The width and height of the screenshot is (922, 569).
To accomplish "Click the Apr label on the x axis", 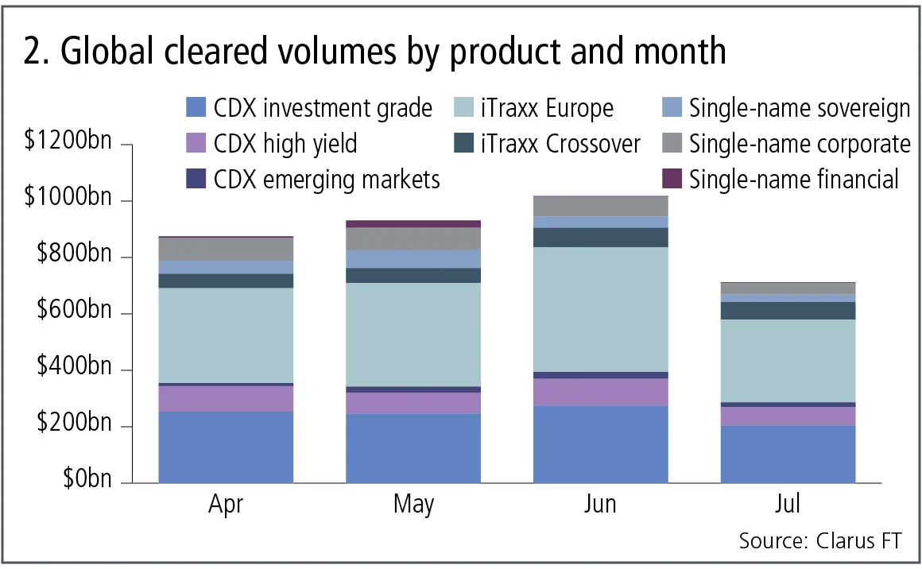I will [226, 505].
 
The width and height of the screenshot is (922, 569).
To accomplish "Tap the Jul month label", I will [788, 505].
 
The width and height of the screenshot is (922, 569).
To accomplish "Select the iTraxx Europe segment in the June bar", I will [600, 309].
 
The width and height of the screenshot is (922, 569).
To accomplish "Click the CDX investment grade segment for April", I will [226, 447].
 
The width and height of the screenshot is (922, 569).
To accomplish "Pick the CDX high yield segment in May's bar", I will [413, 403].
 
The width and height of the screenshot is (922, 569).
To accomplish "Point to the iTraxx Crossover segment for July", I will [788, 311].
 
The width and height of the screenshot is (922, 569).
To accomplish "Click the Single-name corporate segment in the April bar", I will [226, 249].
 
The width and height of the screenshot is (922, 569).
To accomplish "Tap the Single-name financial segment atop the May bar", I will [413, 224].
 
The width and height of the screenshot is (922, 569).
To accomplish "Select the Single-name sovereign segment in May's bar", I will [413, 259].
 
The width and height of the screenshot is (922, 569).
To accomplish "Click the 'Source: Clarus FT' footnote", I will [820, 541].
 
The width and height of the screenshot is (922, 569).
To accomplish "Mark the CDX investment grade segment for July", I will [788, 454].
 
